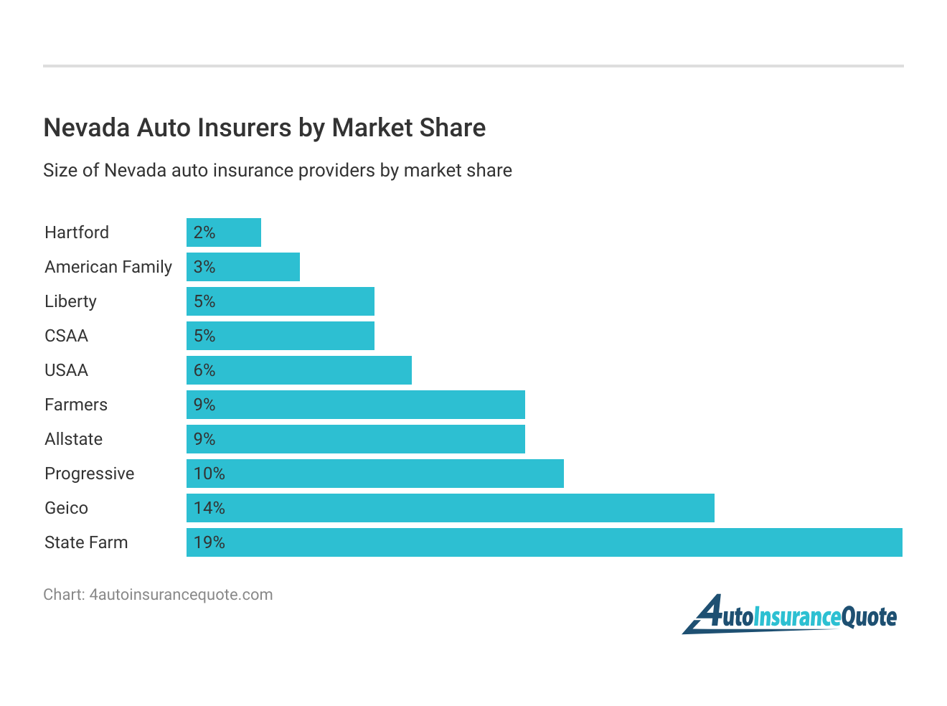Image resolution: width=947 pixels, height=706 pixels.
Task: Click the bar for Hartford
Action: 224,232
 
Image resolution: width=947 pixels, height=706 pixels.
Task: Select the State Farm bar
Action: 544,542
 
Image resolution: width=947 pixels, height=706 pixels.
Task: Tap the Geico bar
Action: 451,508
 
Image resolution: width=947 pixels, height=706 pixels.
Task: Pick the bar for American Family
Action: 243,267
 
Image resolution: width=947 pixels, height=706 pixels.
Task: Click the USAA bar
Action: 299,370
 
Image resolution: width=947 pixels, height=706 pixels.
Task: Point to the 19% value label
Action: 209,542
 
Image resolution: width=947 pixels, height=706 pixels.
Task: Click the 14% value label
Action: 209,508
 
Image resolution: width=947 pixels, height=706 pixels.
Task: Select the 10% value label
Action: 209,474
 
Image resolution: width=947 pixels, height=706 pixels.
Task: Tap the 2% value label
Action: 204,232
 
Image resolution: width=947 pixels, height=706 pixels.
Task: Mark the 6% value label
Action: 204,370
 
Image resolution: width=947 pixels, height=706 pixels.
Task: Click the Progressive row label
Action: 90,474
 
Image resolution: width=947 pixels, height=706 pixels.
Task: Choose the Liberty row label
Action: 70,301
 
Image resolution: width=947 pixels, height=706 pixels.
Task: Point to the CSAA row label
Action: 67,336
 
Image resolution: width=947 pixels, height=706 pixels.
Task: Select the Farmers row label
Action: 76,405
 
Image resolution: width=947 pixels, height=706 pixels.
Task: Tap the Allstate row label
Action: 74,439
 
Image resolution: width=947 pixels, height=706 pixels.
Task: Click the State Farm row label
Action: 86,542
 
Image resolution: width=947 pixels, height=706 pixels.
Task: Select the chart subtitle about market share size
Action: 278,171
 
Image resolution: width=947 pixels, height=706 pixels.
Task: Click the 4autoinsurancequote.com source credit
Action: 158,595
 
